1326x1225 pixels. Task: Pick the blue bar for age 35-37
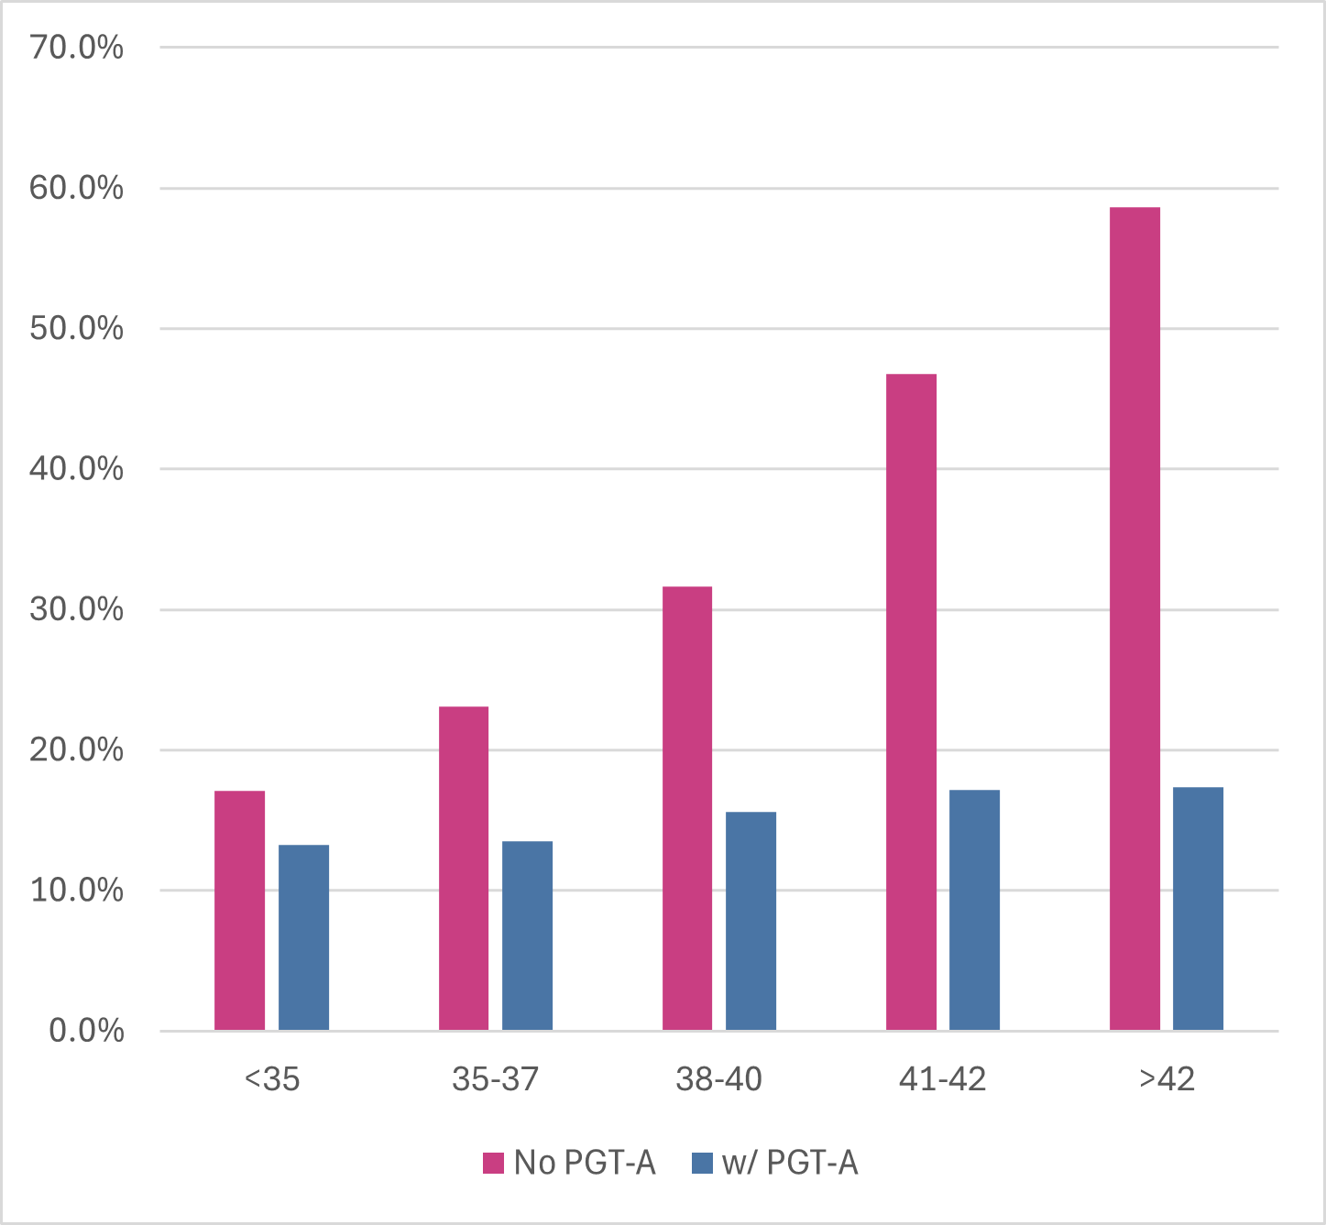[x=527, y=935]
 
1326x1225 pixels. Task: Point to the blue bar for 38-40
[x=751, y=921]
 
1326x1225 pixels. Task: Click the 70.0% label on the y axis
[x=76, y=48]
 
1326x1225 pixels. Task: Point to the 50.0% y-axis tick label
[x=76, y=328]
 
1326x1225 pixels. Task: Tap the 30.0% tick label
[x=76, y=609]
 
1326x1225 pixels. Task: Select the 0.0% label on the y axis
[x=86, y=1031]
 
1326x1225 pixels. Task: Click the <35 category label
[x=272, y=1079]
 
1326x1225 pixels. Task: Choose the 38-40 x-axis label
[x=718, y=1079]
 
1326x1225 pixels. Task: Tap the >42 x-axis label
[x=1167, y=1079]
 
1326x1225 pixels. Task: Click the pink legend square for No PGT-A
[x=494, y=1163]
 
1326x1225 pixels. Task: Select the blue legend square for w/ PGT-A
[x=702, y=1163]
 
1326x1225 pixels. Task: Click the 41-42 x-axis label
[x=942, y=1079]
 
